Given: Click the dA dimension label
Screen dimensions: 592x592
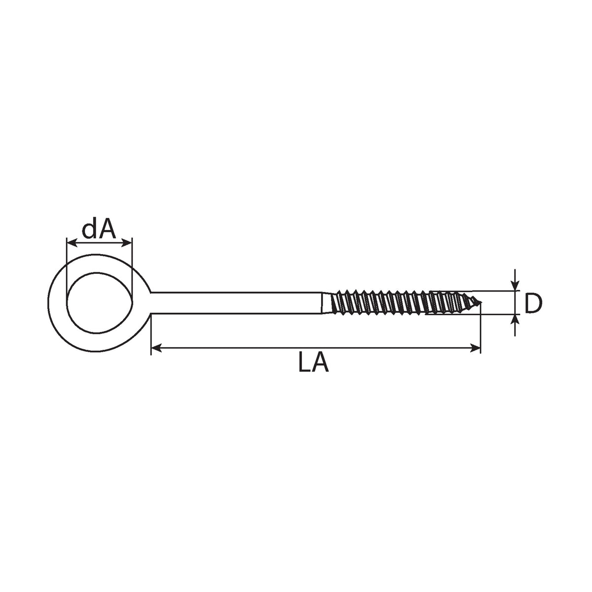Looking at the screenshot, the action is [x=99, y=230].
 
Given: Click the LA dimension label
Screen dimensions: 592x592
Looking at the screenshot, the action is [x=313, y=363].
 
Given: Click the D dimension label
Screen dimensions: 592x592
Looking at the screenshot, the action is [x=533, y=303].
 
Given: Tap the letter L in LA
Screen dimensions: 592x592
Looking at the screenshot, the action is [x=304, y=363].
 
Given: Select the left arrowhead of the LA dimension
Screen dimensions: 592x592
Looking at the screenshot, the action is [x=156, y=348].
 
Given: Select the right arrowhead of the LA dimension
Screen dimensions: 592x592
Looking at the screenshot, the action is [x=475, y=348].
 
